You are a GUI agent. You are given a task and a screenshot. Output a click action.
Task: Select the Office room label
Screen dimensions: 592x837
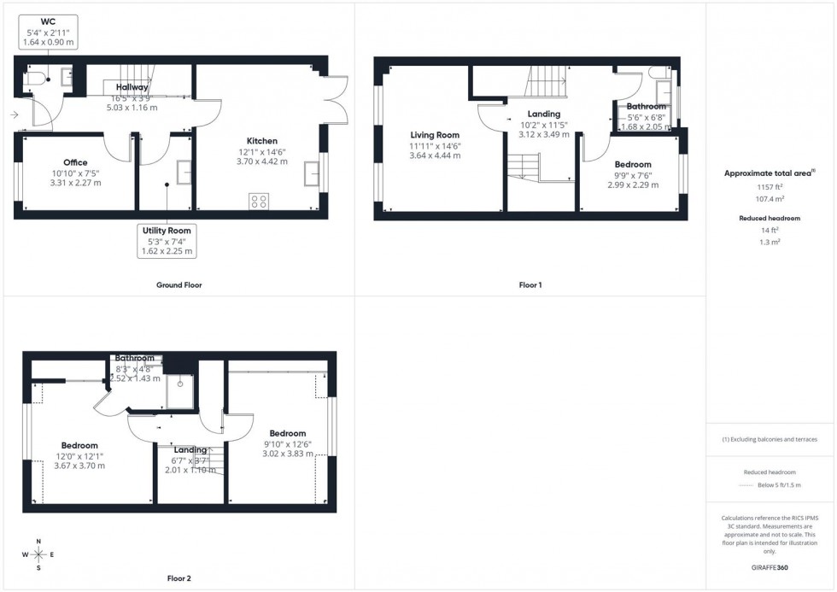click(75, 162)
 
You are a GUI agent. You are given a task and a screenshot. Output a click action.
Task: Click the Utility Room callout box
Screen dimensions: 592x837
click(167, 241)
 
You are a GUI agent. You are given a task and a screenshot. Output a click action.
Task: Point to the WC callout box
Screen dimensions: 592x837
click(48, 31)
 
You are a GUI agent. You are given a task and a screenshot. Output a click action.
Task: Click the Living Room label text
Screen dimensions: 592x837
click(435, 135)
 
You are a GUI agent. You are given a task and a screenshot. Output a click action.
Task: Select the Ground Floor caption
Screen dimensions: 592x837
click(180, 284)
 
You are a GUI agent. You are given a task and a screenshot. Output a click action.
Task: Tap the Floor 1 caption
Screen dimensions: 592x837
click(530, 284)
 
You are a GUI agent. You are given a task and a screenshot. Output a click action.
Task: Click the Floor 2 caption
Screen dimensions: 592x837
click(179, 578)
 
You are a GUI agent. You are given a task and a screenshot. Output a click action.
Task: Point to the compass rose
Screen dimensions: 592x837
click(38, 554)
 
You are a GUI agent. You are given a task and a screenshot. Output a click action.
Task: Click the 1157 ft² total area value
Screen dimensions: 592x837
click(770, 186)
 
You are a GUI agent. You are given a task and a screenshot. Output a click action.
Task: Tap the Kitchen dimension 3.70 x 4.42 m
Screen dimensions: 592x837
click(262, 161)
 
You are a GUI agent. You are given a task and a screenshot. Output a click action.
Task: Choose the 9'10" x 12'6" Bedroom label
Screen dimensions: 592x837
click(286, 443)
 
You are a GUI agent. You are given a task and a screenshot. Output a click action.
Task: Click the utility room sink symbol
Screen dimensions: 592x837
click(184, 173)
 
